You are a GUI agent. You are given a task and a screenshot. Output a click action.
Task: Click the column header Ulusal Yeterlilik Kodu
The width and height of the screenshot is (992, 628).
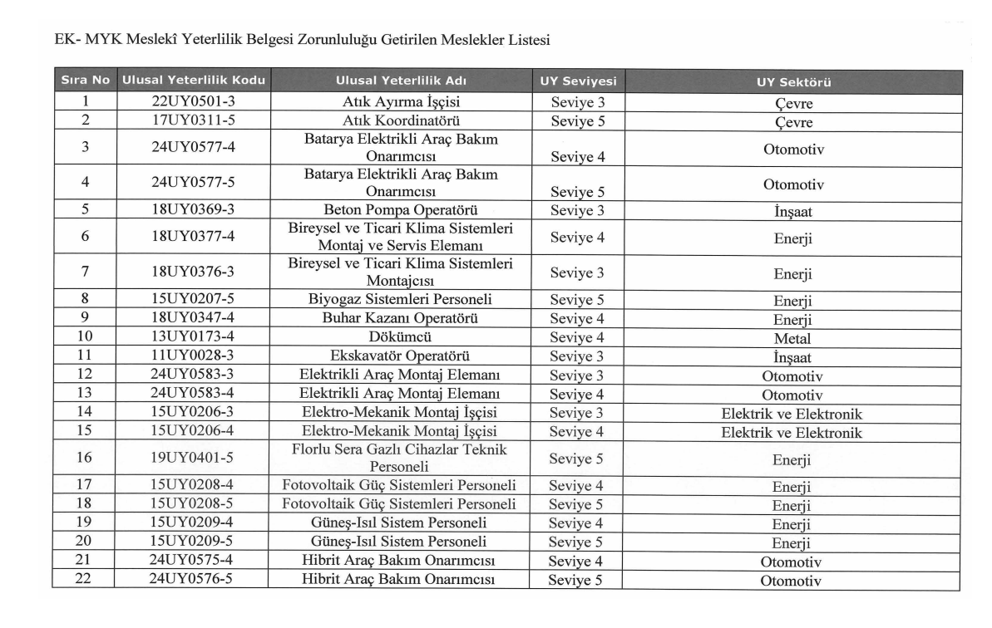193,82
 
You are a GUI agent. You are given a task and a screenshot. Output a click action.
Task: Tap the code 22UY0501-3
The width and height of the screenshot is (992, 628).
193,102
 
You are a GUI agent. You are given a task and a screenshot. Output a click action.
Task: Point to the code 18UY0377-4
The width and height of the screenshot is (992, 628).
193,237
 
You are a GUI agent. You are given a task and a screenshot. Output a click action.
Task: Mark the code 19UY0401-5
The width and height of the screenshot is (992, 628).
193,458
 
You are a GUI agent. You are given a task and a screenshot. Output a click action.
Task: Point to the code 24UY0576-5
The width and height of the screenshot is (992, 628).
193,579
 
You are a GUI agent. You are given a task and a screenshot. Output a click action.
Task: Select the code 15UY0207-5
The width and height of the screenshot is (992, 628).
193,300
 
